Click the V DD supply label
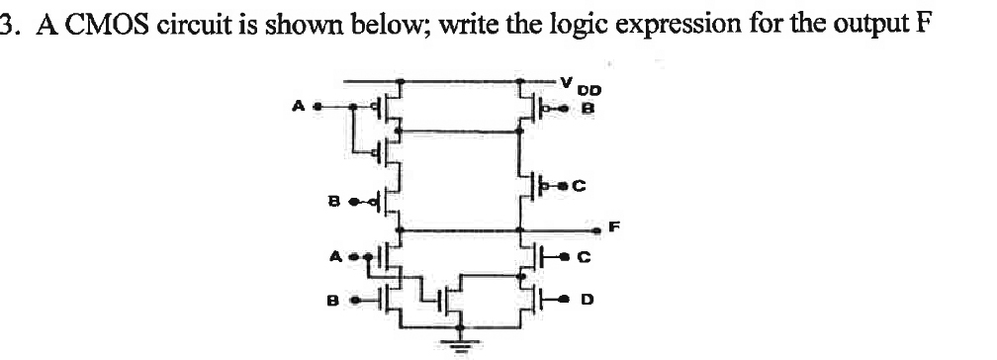573,82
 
